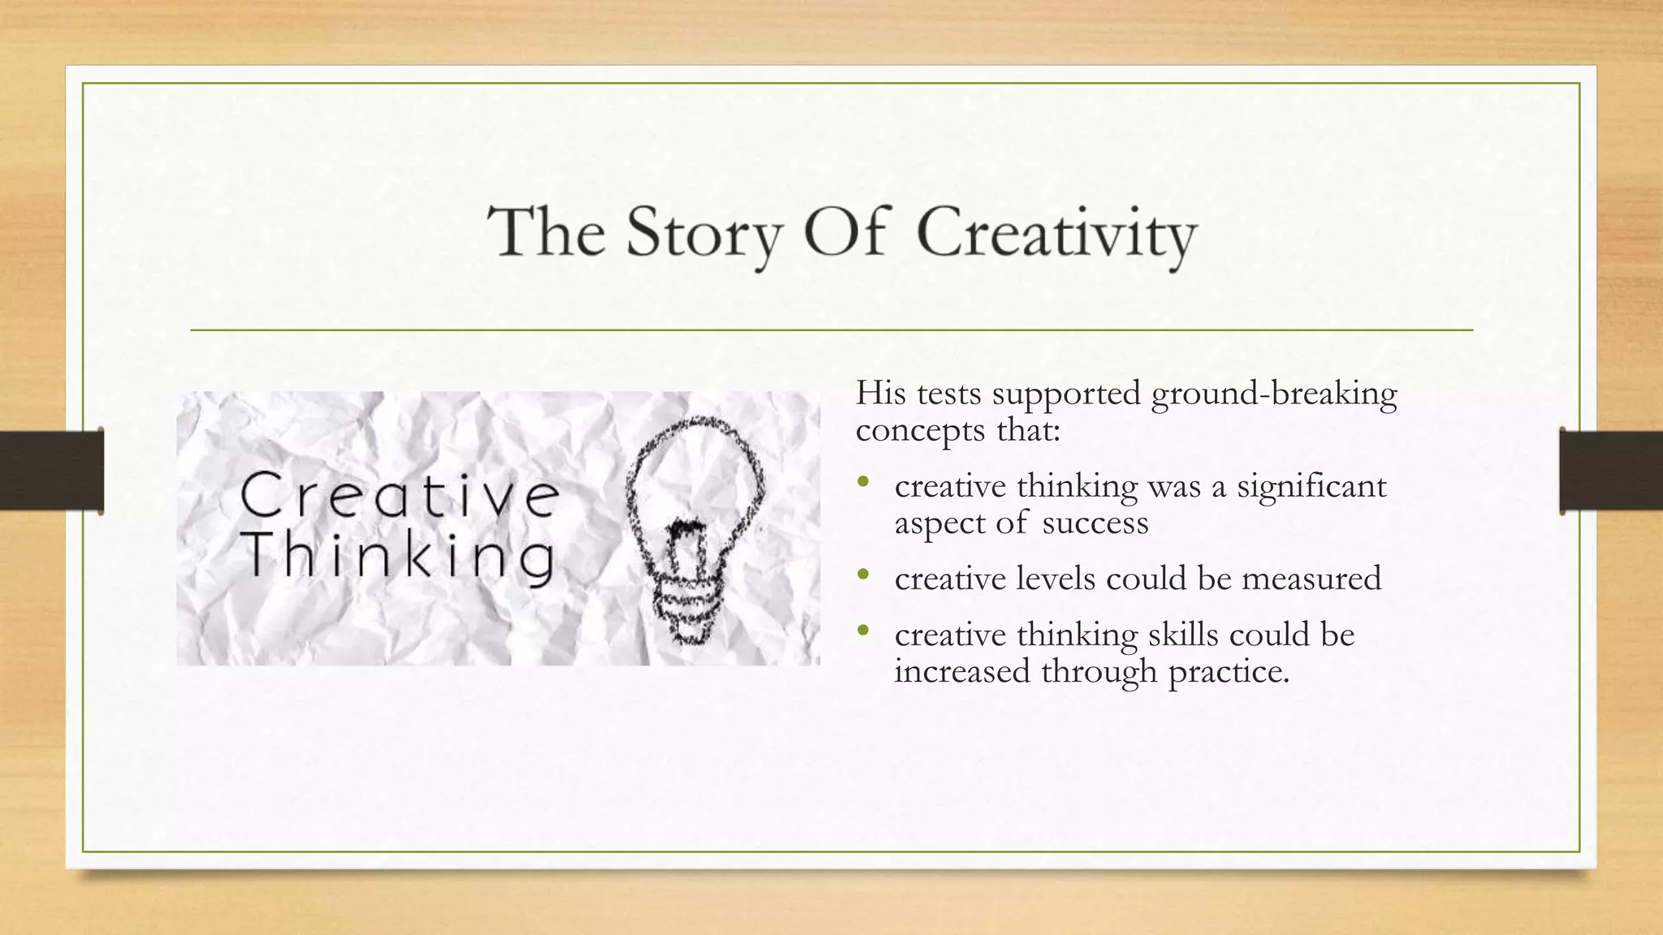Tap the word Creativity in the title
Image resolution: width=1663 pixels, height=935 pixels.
[x=1056, y=233]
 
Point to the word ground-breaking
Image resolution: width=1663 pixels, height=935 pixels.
[x=1274, y=394]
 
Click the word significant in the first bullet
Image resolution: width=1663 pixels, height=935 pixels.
[x=1311, y=487]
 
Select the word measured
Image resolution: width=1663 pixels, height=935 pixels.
[x=1311, y=579]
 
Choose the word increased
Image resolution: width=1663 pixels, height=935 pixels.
[x=961, y=671]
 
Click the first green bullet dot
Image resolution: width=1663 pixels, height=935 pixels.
[x=863, y=484]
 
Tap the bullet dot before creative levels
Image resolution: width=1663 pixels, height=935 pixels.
[x=863, y=576]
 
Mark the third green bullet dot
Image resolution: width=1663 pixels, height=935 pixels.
[x=863, y=631]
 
